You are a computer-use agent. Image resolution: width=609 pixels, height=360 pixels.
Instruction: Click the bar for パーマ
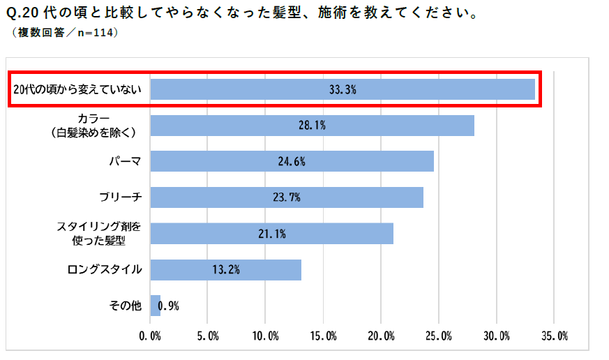pos(292,161)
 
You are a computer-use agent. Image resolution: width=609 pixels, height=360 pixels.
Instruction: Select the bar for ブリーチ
pos(287,197)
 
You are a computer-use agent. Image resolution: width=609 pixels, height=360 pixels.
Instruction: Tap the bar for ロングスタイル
pos(225,269)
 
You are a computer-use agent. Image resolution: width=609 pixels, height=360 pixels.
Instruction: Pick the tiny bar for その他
pos(155,306)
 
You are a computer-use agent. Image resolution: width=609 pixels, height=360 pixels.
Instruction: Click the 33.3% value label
pos(343,89)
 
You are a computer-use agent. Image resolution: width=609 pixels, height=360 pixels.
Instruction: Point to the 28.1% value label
pos(312,126)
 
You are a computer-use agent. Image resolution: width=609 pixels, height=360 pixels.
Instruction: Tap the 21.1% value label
pos(272,234)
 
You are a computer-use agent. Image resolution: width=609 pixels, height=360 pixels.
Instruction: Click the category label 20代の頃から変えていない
pos(77,89)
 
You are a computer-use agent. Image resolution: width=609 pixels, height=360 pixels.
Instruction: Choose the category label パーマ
pos(126,162)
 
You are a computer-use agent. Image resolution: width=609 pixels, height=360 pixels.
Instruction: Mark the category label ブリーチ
pos(122,197)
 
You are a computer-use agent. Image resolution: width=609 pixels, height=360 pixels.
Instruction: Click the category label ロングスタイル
pos(105,269)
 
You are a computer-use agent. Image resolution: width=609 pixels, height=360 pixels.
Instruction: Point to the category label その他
pos(126,306)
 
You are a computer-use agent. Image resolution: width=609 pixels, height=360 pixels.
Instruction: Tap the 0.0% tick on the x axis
pos(150,336)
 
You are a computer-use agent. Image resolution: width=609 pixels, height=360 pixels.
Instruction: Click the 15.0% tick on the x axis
pos(323,336)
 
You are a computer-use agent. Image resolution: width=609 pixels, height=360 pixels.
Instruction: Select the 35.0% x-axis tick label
pos(554,336)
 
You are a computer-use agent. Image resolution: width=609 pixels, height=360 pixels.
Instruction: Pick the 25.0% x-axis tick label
pos(438,336)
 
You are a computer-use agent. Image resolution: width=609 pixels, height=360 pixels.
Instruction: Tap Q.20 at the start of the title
pos(27,13)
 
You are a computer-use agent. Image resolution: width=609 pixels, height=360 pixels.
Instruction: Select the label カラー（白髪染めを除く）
pos(103,125)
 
